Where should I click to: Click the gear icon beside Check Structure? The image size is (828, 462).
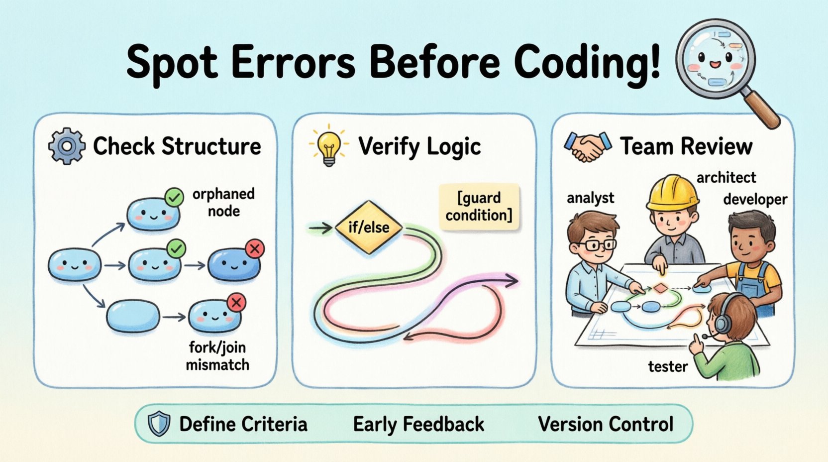[66, 146]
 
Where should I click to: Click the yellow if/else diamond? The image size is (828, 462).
[369, 228]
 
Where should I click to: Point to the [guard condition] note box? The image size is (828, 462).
[479, 207]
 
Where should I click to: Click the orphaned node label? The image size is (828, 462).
[223, 202]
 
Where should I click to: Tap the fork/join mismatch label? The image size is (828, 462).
[217, 356]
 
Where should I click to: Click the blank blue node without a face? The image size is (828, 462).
[133, 316]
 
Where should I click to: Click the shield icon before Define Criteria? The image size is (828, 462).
[159, 424]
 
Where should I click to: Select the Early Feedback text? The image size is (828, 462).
[418, 425]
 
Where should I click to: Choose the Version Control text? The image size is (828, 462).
[606, 425]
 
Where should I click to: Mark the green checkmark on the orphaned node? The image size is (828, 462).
[174, 198]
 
